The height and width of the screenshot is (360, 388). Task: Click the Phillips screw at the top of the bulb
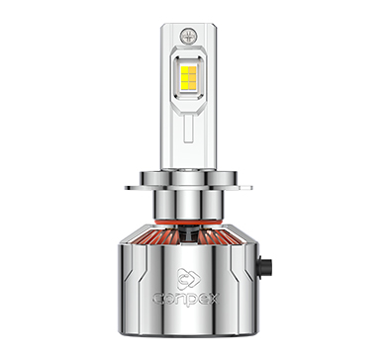[x=189, y=36]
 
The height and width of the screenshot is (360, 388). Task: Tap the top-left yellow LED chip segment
[x=185, y=69]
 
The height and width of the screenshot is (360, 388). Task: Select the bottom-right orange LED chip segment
[x=192, y=85]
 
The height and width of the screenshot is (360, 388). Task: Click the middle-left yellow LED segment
[x=185, y=77]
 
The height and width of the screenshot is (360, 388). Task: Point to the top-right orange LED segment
[x=192, y=69]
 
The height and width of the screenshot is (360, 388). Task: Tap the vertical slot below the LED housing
[x=189, y=129]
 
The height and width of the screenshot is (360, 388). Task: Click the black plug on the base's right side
[x=265, y=267]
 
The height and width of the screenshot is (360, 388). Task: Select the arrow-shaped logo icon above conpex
[x=189, y=279]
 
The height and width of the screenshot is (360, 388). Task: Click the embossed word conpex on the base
[x=186, y=299]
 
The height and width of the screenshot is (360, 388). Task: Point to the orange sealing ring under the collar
[x=188, y=223]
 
